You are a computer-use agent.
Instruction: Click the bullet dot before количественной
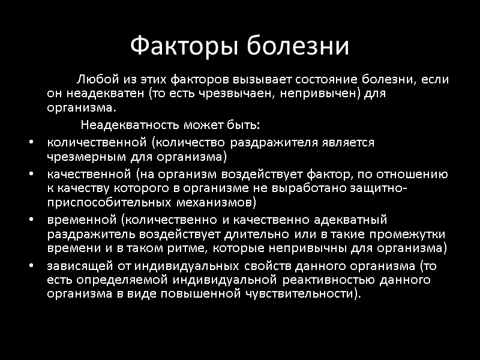click(x=31, y=143)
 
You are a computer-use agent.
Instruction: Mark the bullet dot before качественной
click(x=31, y=174)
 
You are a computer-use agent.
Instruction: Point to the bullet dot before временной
click(x=31, y=219)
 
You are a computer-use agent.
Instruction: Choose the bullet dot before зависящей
click(x=31, y=264)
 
